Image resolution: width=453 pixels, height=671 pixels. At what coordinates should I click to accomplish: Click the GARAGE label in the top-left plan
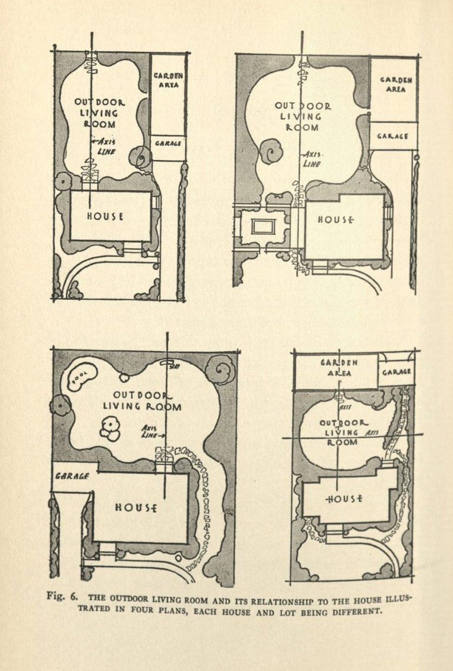(168, 143)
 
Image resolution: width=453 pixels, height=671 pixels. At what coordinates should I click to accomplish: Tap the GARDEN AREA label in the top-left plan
(169, 80)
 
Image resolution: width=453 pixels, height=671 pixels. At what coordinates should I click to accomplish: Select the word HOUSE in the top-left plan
(106, 215)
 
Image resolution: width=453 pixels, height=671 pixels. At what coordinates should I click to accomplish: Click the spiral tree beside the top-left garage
(142, 156)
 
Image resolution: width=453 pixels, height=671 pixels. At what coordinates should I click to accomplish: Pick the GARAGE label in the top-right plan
(393, 136)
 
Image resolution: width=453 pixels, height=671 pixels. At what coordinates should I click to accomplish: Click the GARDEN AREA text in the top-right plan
(396, 84)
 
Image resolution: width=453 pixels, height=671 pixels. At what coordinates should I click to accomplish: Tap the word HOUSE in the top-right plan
(336, 220)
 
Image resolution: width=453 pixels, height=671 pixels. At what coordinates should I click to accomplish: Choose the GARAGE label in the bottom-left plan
(72, 476)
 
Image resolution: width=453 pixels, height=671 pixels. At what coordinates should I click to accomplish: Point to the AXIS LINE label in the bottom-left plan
(152, 432)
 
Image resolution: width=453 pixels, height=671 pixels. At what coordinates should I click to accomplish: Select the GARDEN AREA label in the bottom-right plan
(339, 368)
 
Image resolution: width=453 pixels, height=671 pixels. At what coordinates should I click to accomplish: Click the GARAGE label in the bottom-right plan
(396, 372)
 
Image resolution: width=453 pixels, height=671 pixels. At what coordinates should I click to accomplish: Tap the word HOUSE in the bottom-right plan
(345, 499)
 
